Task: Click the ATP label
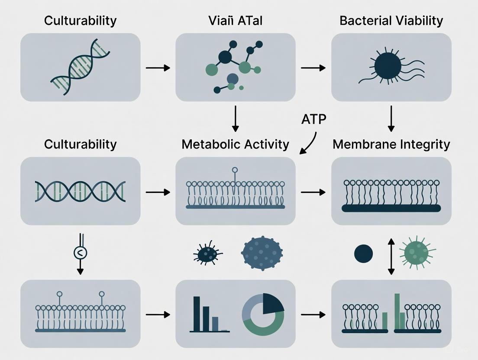(314, 119)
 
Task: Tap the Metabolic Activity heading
(235, 144)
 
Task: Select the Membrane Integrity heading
(391, 144)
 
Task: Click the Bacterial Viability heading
(391, 21)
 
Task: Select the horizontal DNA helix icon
(81, 191)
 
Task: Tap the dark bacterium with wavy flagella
(387, 67)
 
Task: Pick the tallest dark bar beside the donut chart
(197, 314)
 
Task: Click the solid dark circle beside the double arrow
(363, 254)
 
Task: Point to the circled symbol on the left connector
(80, 252)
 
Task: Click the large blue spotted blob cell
(262, 251)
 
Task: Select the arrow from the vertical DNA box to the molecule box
(158, 68)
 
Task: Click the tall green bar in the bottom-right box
(397, 311)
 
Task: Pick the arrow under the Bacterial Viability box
(391, 118)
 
